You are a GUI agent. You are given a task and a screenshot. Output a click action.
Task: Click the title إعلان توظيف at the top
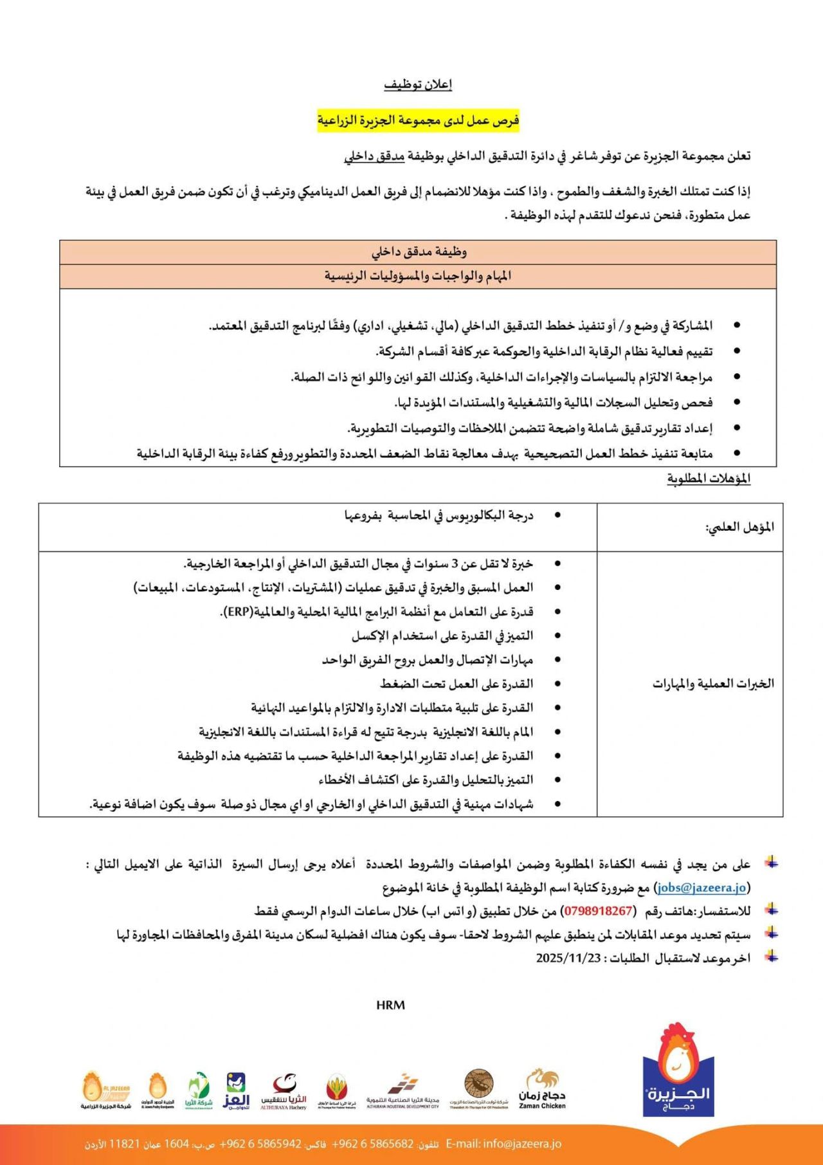pos(418,85)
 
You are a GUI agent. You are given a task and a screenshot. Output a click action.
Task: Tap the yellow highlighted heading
pos(418,120)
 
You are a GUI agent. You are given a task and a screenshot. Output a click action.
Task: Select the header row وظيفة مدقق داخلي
pos(418,252)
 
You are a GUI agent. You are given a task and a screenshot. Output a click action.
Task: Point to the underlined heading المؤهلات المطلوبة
pos(709,479)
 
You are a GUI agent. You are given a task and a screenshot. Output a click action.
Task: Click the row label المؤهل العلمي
pos(739,527)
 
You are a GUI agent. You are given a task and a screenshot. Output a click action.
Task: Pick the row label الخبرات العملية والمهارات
pos(713,684)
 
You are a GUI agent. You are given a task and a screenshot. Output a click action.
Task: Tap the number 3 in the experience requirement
pos(454,564)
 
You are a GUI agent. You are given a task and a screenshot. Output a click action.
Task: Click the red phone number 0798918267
pos(597,912)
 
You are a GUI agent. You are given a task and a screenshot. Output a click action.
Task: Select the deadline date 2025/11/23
pos(568,958)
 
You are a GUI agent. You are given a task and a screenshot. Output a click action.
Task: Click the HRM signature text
pos(390,1005)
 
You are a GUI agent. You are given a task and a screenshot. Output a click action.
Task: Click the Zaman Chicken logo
pos(542,1090)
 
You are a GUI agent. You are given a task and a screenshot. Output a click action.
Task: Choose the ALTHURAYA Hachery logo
pos(283,1091)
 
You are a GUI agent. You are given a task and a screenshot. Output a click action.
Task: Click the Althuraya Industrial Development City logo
pos(402,1091)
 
